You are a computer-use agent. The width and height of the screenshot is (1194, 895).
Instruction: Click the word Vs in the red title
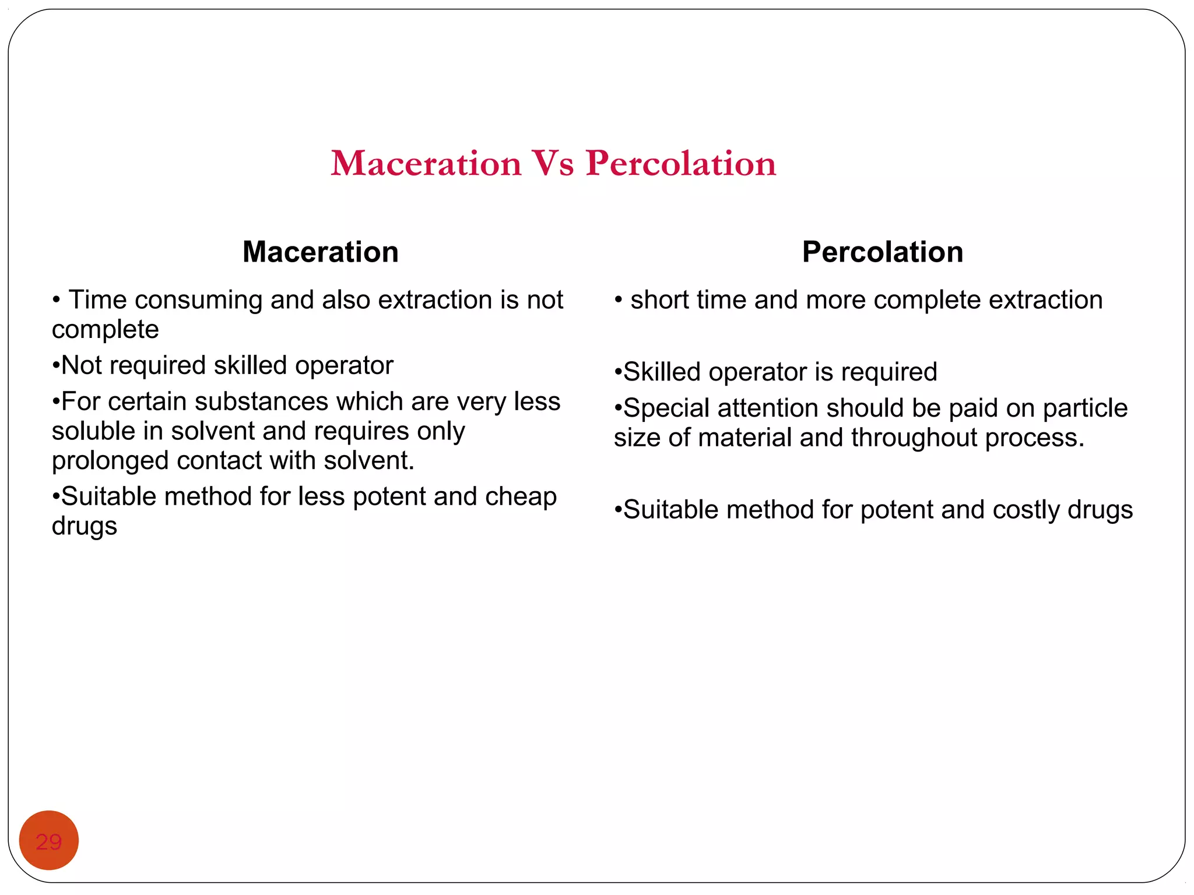click(x=552, y=164)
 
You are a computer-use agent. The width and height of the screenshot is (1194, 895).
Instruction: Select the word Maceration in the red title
click(x=426, y=164)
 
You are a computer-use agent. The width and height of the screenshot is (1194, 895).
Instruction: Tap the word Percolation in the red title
click(x=681, y=164)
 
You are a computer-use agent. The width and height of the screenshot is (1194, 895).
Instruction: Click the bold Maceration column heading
click(x=321, y=252)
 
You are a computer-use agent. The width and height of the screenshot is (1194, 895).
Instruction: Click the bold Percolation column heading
click(x=882, y=252)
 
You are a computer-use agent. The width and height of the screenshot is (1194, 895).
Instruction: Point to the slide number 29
click(x=49, y=841)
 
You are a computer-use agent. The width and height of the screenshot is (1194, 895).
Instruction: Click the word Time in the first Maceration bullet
click(x=97, y=300)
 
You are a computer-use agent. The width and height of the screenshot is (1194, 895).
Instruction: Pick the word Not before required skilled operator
click(x=81, y=366)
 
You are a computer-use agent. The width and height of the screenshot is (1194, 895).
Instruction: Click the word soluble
click(x=93, y=432)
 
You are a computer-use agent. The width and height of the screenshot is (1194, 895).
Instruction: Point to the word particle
click(x=1085, y=408)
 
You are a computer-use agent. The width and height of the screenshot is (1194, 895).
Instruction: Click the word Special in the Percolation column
click(x=666, y=408)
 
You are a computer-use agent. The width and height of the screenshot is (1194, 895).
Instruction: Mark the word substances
click(x=261, y=402)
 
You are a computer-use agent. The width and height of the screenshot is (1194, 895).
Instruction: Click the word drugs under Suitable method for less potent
click(x=85, y=527)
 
